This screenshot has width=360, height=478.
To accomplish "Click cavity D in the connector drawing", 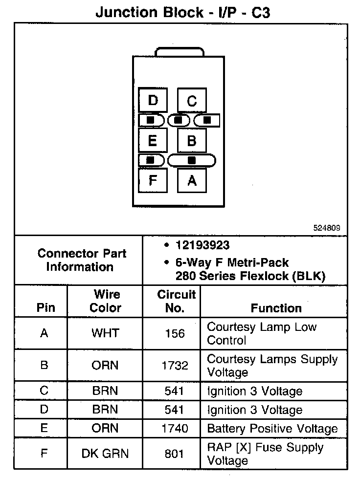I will click(153, 101).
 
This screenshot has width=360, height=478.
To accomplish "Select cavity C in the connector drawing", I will click(192, 101).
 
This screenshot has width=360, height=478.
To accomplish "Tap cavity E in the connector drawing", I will click(153, 141).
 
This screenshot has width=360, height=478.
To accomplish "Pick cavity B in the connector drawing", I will click(192, 141).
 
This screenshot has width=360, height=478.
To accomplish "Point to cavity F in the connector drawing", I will click(153, 180).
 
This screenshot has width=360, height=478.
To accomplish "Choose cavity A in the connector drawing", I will click(192, 180).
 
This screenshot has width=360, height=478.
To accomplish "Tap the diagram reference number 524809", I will click(327, 228).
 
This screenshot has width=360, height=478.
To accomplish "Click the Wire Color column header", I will click(106, 301).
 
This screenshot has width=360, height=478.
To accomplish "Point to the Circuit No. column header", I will click(176, 301).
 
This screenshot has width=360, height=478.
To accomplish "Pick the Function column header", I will click(276, 308).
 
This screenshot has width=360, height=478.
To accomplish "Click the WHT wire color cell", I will click(105, 333).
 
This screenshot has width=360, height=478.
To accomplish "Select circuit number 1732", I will click(175, 366).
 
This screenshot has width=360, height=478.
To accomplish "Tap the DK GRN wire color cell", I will click(105, 454).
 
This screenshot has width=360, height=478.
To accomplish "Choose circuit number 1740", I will click(175, 429).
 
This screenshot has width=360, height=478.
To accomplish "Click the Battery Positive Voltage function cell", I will click(272, 429).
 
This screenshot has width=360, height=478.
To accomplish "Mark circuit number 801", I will click(175, 454).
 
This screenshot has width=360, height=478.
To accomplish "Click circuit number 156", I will click(175, 333).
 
